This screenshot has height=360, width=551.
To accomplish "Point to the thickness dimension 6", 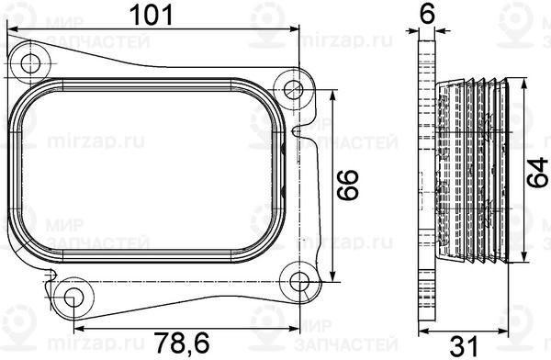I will pyautogui.click(x=425, y=13).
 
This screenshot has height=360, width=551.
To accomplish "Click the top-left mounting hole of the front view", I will pyautogui.click(x=33, y=63).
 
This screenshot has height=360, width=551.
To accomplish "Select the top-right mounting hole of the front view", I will pyautogui.click(x=294, y=89).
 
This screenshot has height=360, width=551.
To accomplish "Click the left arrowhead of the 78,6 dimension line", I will pyautogui.click(x=77, y=326).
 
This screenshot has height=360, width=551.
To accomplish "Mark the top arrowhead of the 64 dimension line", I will pyautogui.click(x=519, y=84).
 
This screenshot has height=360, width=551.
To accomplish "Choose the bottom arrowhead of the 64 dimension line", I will pyautogui.click(x=519, y=260).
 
